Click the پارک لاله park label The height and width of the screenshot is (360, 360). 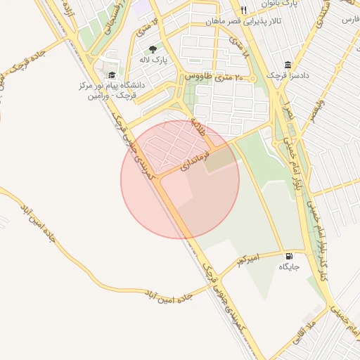(x=153, y=60)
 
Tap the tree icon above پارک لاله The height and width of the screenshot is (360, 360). (x=153, y=49)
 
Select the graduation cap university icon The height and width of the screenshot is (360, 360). (x=112, y=75)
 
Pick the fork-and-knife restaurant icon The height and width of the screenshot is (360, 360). (x=243, y=10)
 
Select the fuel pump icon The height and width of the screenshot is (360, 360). (x=290, y=256)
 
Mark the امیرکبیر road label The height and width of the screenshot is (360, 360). (x=247, y=261)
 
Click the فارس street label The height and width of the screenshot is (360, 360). (x=348, y=20)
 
